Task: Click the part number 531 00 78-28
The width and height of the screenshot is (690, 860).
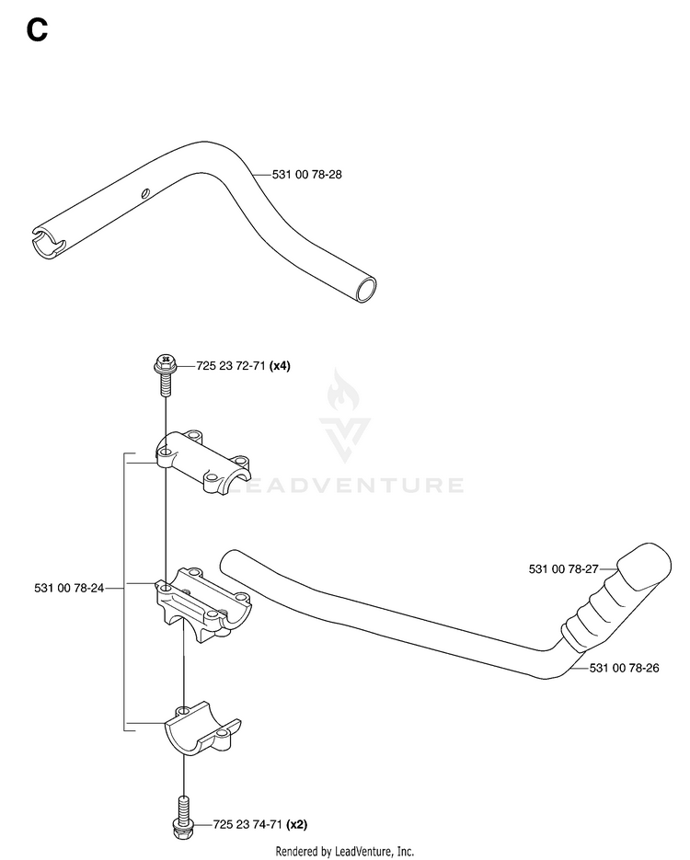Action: [x=306, y=175]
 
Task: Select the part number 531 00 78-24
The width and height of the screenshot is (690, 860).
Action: [x=69, y=588]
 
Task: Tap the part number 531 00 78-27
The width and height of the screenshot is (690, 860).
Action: [x=563, y=569]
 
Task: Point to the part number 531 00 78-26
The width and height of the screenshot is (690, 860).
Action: [x=624, y=668]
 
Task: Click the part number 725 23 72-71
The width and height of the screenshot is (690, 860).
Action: [x=231, y=366]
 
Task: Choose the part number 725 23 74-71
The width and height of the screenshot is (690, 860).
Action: [x=247, y=824]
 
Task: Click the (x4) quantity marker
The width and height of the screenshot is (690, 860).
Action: [x=281, y=366]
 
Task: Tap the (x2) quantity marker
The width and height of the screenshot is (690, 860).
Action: [x=297, y=824]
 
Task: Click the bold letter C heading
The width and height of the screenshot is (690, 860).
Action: [x=37, y=30]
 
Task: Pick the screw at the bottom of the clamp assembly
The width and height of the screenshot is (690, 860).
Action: [x=183, y=816]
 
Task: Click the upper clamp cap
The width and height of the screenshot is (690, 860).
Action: [x=203, y=462]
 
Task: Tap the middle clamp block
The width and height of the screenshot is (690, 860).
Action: [x=203, y=605]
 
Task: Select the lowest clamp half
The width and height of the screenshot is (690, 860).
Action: [x=202, y=728]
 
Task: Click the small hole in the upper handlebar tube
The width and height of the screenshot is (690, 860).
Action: [x=144, y=192]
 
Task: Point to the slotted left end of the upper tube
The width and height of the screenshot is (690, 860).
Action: [x=48, y=240]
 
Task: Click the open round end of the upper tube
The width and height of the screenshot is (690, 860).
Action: [x=366, y=290]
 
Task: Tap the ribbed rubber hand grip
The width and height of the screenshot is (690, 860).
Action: [x=616, y=598]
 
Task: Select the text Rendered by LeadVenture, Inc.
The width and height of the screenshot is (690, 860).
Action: [x=344, y=851]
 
